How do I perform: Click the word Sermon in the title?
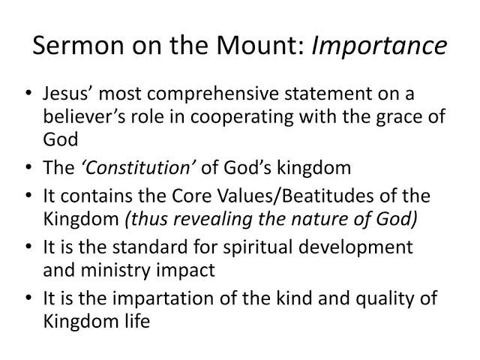click(78, 45)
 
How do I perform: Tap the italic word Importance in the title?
click(379, 46)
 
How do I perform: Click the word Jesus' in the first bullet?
click(70, 94)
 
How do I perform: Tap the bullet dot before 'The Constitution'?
click(28, 168)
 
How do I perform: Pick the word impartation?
click(163, 299)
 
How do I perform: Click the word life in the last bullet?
click(138, 321)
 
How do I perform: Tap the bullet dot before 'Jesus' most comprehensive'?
click(28, 93)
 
